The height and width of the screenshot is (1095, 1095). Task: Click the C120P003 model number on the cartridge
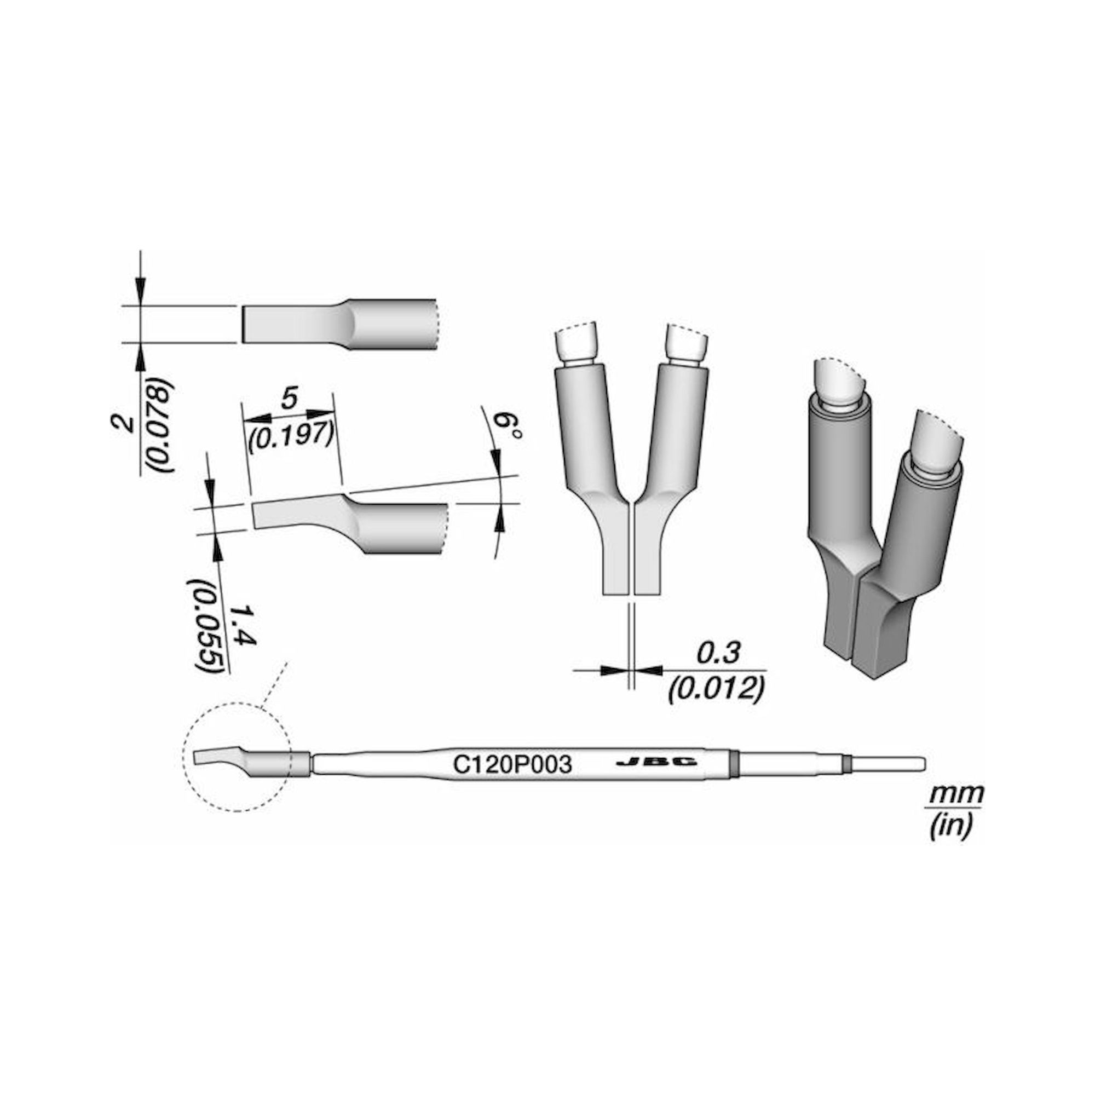511,766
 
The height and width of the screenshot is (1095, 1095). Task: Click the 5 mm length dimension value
289,400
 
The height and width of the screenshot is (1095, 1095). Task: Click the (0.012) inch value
717,689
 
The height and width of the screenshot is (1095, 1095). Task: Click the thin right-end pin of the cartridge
887,764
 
